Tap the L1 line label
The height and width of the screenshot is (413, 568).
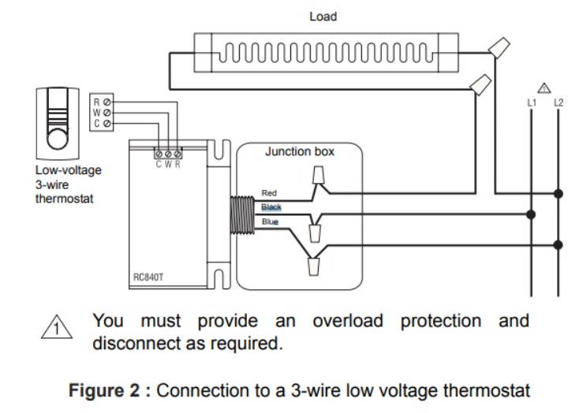531,102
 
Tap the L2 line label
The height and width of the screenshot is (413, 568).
558,102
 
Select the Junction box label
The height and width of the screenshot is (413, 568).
300,151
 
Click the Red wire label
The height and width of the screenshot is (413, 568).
269,193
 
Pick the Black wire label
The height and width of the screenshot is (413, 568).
271,206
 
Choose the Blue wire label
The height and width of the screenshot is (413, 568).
270,222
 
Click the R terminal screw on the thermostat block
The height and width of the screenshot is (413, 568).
107,102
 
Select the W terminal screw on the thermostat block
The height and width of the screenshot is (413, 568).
107,113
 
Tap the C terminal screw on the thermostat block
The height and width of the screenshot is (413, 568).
107,124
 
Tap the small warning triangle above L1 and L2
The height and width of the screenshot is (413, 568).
543,87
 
